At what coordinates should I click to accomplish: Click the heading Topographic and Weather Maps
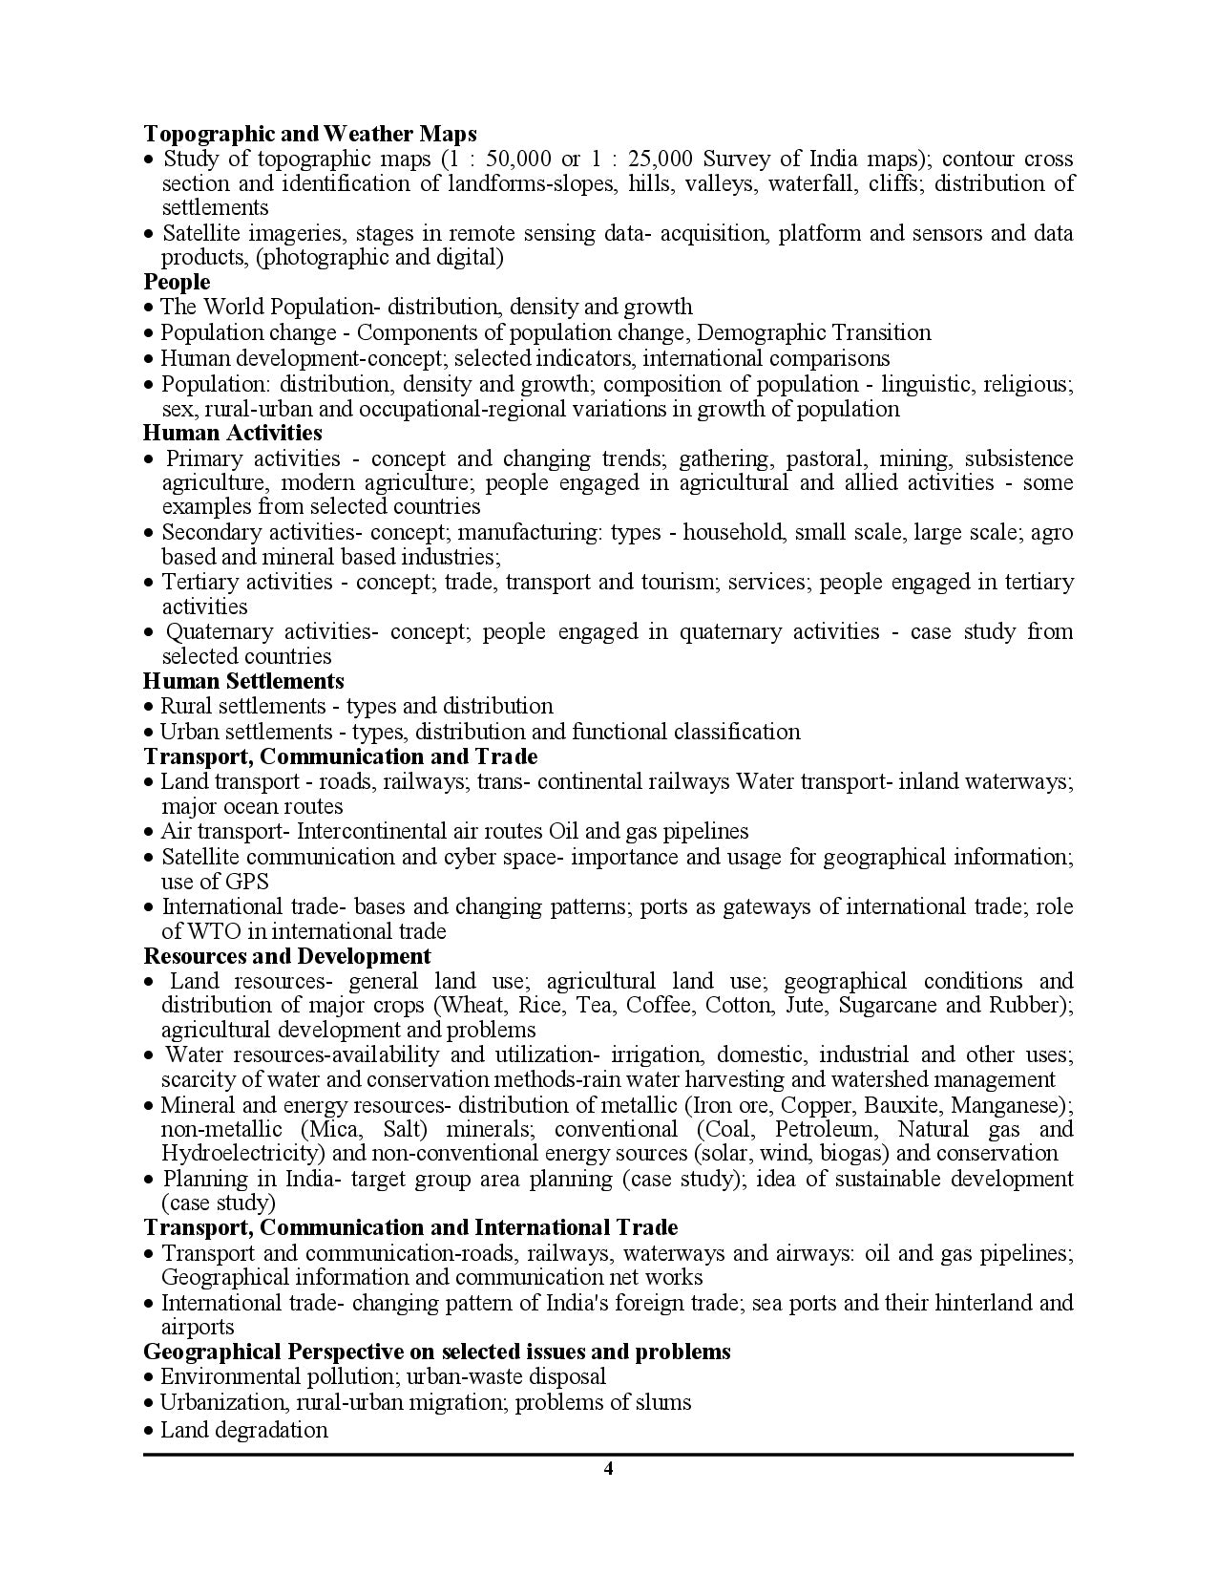point(309,133)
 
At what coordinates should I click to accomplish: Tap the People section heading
point(177,282)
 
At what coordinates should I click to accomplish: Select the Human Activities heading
point(233,433)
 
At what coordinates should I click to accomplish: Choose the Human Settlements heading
point(243,681)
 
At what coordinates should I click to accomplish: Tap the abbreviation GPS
point(245,882)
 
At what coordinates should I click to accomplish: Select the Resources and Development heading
point(286,956)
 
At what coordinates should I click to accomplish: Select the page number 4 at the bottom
point(608,1469)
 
